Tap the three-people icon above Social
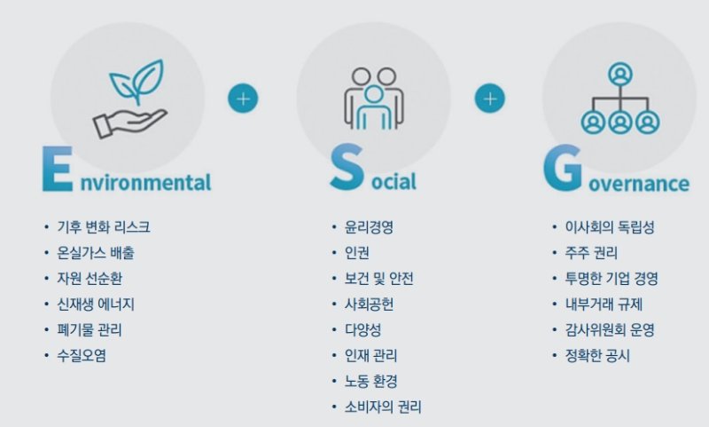(x=372, y=98)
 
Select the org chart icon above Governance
(x=619, y=98)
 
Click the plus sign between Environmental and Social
(x=243, y=98)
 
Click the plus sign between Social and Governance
(x=489, y=98)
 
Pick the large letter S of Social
(x=345, y=169)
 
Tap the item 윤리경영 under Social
(x=369, y=227)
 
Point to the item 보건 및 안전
(x=378, y=279)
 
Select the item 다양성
(x=362, y=330)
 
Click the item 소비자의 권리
(x=382, y=407)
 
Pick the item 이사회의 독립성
(x=609, y=227)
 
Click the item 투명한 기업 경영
(x=612, y=279)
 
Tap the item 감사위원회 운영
(x=610, y=330)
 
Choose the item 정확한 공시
(x=597, y=356)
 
